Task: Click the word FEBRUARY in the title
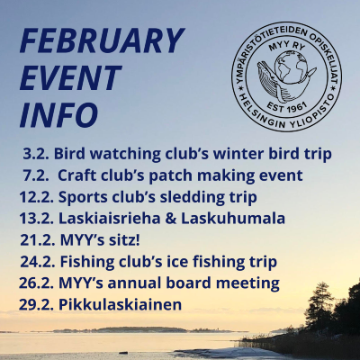(102, 40)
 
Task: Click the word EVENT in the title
(70, 77)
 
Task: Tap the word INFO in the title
(59, 114)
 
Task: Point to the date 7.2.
(36, 175)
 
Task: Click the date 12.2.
(37, 197)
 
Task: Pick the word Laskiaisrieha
(110, 219)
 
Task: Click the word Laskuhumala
(233, 219)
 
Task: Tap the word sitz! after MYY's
(126, 240)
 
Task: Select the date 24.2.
(38, 262)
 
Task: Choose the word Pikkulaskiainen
(121, 304)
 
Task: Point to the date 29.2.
(37, 305)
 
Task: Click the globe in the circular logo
(292, 68)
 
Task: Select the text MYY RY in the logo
(285, 47)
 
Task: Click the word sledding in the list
(167, 198)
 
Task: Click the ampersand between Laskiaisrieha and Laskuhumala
(171, 219)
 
